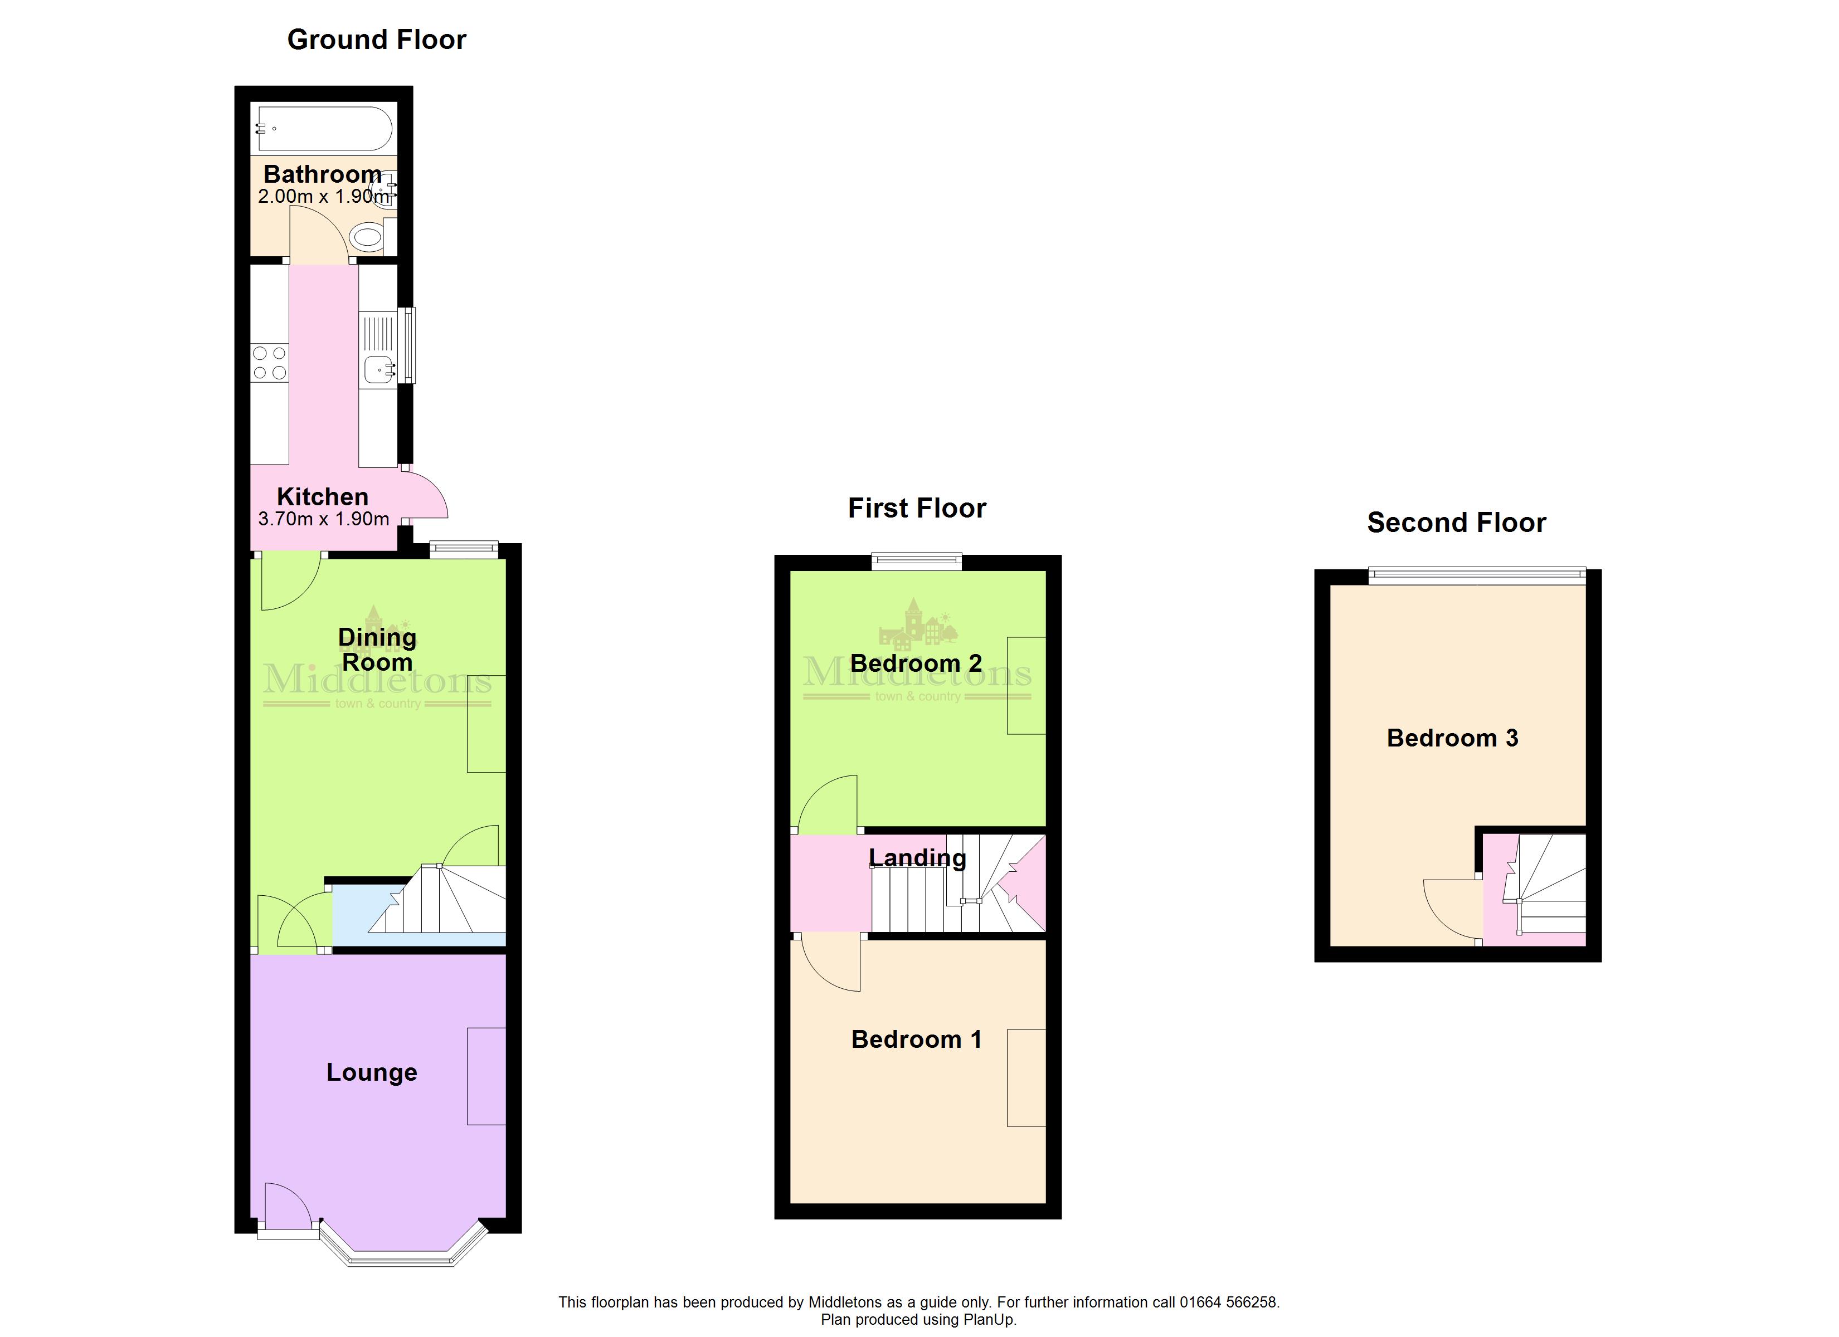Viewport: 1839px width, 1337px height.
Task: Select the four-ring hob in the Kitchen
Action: point(269,363)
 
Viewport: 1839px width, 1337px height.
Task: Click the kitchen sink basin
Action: point(380,370)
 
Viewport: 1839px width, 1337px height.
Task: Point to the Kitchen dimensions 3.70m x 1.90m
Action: point(324,519)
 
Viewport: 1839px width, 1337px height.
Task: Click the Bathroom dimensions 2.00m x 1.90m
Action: point(324,196)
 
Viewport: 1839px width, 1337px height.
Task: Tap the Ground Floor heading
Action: point(377,40)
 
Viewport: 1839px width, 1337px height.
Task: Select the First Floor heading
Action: point(917,509)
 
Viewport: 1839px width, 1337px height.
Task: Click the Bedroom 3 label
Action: point(1452,738)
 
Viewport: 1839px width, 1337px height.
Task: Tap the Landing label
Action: point(917,858)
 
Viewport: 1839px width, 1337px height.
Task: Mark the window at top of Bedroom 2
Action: point(916,561)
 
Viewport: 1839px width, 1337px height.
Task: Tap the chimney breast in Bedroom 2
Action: point(1026,685)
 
